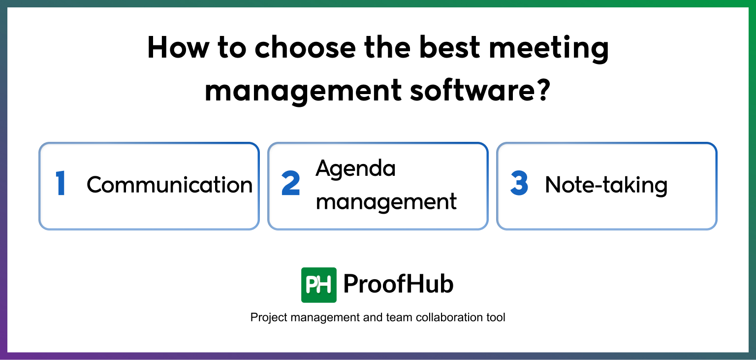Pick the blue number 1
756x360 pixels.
tap(61, 185)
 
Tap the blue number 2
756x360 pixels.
tap(291, 185)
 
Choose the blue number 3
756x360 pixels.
tap(519, 184)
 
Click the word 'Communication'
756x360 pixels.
tap(170, 185)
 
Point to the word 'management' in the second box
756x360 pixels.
tap(386, 201)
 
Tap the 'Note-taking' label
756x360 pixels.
tap(606, 185)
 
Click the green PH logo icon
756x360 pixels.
tap(319, 285)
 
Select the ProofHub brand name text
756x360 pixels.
tap(398, 284)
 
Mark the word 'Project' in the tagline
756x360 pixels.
tap(269, 318)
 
